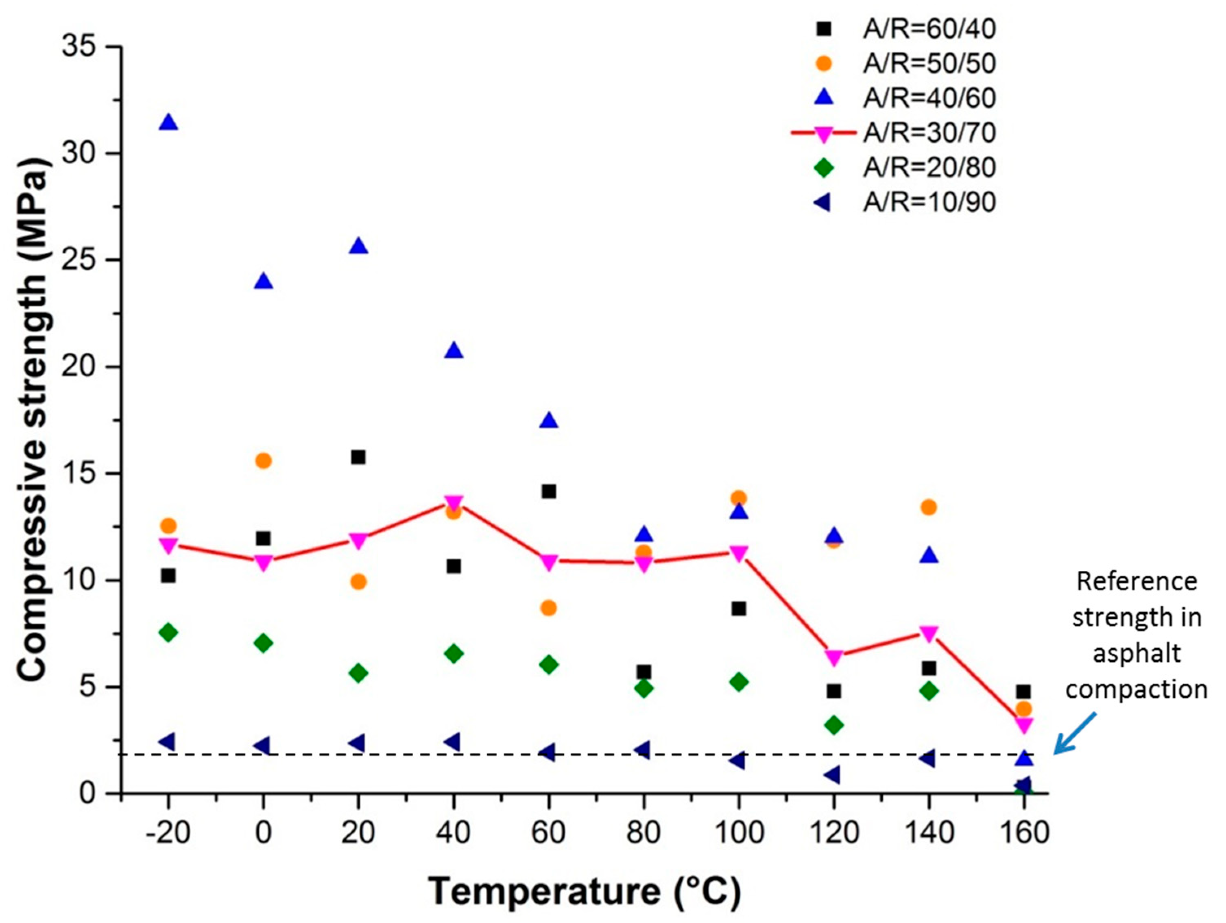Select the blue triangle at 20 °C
359,247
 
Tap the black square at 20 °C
359,457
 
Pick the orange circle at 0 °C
264,460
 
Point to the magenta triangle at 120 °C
833,658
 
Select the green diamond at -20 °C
168,633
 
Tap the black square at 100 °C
739,609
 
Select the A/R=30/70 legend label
929,133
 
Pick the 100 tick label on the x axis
739,833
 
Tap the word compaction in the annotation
1136,689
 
